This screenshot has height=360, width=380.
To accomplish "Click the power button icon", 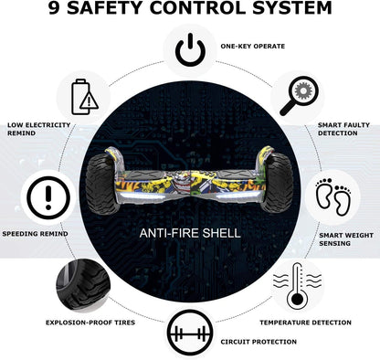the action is (190, 50).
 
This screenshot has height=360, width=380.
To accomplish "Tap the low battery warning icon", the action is (85, 97).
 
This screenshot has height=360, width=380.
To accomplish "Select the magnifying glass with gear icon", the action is (299, 96).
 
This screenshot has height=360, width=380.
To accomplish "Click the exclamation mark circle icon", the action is (48, 198).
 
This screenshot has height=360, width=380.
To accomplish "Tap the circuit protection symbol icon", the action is (191, 334).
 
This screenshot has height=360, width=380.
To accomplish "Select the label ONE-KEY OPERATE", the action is (253, 47).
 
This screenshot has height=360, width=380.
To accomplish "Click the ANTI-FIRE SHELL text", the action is (190, 233).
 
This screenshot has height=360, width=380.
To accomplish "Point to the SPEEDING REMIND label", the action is (35, 234).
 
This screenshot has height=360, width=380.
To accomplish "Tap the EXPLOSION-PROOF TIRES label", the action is (90, 323).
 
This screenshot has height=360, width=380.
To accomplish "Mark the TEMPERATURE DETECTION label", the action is (305, 323).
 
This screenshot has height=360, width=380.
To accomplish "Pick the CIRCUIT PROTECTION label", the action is (259, 342).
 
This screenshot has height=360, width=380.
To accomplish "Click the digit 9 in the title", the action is (54, 8).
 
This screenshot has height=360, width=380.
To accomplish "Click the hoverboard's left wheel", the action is (101, 184).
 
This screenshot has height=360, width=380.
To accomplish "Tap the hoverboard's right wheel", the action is (277, 183).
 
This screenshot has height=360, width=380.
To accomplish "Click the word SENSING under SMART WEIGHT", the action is (334, 243).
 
